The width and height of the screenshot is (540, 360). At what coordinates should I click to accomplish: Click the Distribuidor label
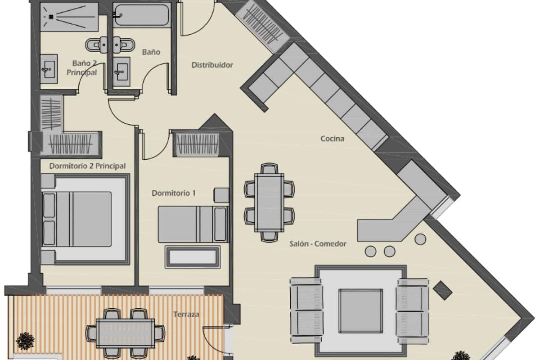212,65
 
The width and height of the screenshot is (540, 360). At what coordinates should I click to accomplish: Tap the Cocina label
332,139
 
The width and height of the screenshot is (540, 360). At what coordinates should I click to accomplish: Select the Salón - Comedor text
318,244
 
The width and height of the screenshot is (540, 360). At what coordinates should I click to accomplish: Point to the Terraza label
186,315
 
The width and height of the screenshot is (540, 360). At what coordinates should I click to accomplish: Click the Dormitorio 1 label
173,193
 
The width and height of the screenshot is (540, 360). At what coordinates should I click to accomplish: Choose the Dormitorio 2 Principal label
87,166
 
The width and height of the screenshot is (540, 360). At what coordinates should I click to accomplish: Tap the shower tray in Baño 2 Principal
69,17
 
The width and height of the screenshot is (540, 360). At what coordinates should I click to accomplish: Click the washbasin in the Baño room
121,71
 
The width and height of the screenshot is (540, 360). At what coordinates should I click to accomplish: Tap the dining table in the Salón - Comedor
269,202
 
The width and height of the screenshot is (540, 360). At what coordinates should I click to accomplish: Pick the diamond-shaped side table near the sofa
442,290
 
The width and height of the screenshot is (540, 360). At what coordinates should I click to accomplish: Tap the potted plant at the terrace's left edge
25,341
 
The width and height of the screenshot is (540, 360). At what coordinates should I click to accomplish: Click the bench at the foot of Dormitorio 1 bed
193,257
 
